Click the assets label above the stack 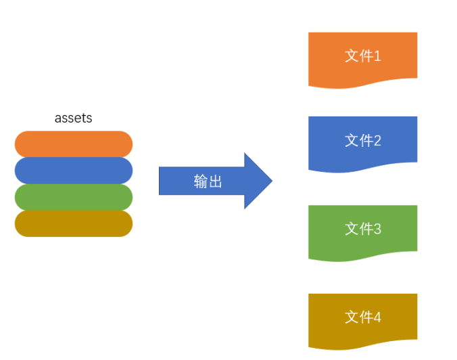pyautogui.click(x=73, y=118)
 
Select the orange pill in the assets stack pyautogui.click(x=73, y=144)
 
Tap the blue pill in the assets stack pyautogui.click(x=73, y=171)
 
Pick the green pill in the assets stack pyautogui.click(x=73, y=197)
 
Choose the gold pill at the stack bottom pyautogui.click(x=73, y=223)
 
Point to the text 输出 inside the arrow pyautogui.click(x=208, y=181)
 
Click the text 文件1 pyautogui.click(x=362, y=55)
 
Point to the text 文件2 pyautogui.click(x=362, y=140)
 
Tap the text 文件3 pyautogui.click(x=362, y=229)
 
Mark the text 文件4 pyautogui.click(x=362, y=317)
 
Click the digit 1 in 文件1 pyautogui.click(x=377, y=55)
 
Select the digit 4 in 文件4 pyautogui.click(x=377, y=317)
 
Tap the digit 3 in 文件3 pyautogui.click(x=377, y=229)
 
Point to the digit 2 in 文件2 pyautogui.click(x=377, y=140)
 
